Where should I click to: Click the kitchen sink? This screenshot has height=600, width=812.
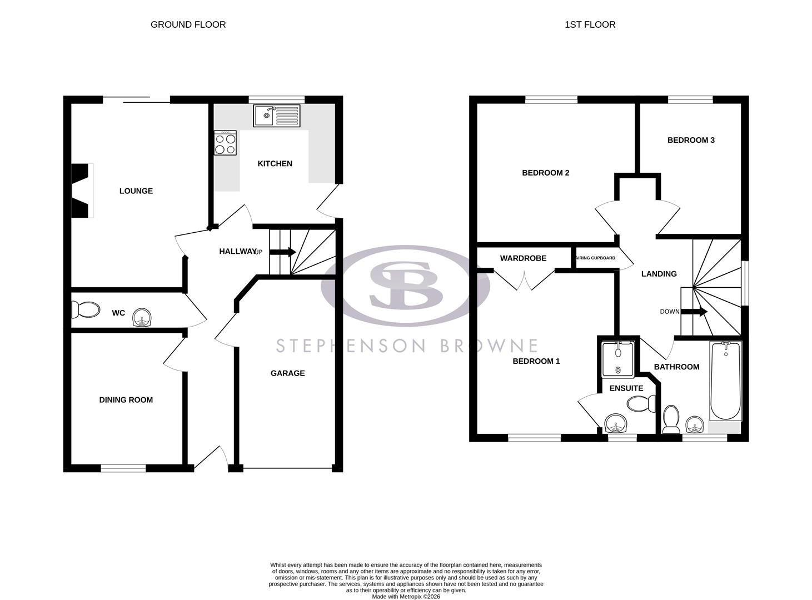(277, 116)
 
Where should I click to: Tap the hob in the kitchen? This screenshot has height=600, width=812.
(225, 143)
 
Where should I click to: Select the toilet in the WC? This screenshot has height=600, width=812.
(86, 309)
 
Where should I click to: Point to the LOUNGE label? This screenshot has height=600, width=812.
(136, 191)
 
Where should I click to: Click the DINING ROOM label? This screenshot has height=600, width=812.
(126, 400)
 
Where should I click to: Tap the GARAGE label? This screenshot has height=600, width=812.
(287, 373)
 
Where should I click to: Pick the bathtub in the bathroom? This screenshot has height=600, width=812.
(725, 382)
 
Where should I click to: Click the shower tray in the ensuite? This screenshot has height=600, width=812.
(617, 359)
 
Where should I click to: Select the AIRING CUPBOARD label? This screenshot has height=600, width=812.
(595, 258)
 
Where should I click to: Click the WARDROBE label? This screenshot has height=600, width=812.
(523, 258)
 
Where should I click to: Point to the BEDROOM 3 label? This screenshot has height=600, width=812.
(691, 141)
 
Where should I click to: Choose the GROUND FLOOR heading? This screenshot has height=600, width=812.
(188, 24)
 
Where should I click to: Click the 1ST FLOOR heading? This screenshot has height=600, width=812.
(590, 24)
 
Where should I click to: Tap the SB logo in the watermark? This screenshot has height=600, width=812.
(406, 285)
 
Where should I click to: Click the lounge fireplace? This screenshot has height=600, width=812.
(81, 191)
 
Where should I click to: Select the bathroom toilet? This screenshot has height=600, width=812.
(671, 419)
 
